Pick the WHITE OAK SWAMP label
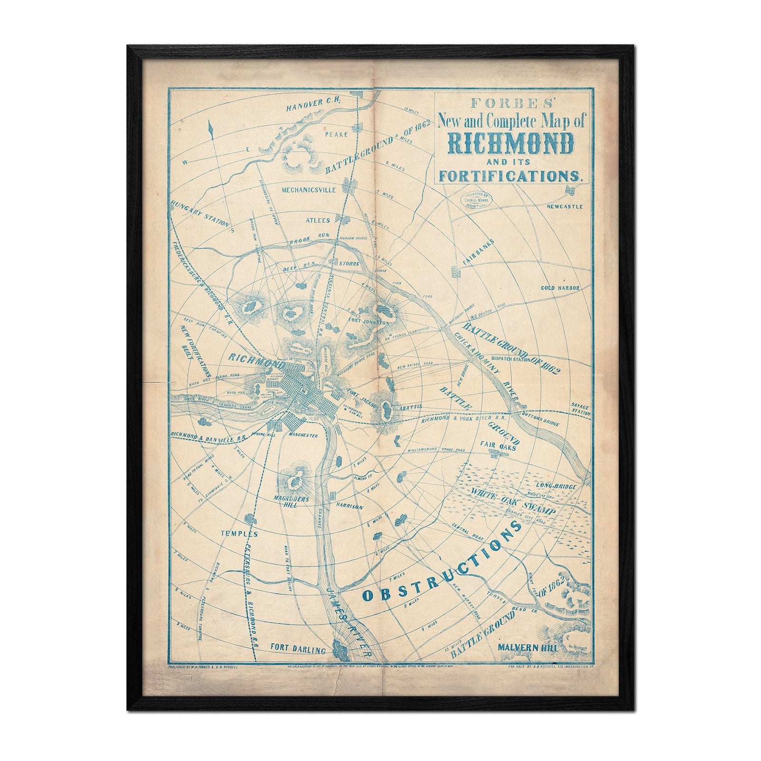[x=511, y=501]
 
